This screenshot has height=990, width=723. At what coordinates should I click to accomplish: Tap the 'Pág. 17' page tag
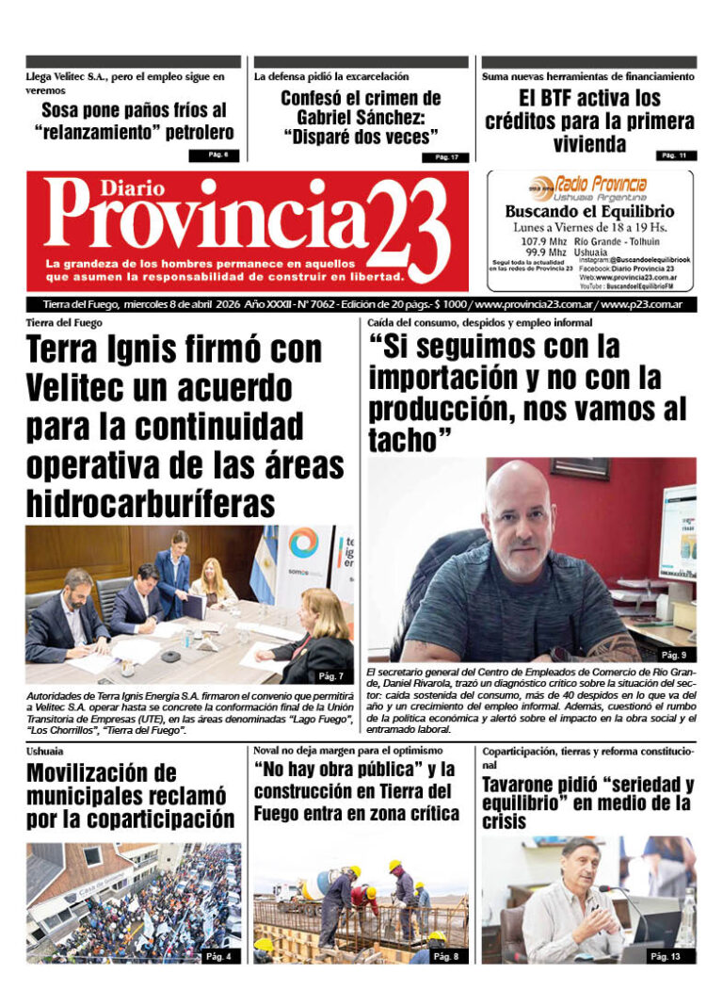(446, 157)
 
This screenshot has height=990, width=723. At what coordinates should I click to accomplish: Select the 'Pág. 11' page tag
(673, 154)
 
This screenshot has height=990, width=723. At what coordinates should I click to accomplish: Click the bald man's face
(519, 522)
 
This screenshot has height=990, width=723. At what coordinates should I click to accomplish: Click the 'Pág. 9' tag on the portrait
(673, 655)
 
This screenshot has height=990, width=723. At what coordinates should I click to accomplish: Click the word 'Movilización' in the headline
(101, 772)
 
